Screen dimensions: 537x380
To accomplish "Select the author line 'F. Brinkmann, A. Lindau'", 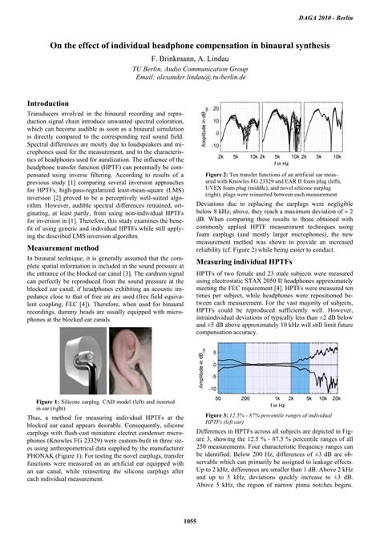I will click(190, 60).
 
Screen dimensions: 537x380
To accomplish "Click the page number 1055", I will click(190, 522).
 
